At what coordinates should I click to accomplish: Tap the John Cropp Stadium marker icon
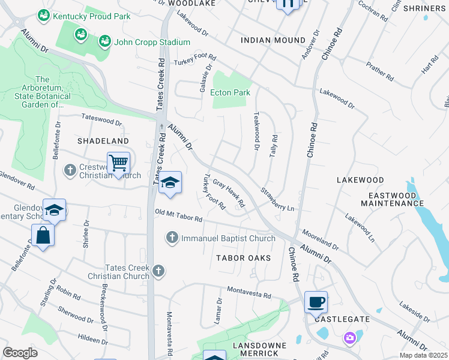(105, 41)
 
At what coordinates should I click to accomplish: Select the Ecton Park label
(230, 92)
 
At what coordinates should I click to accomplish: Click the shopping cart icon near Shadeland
(119, 163)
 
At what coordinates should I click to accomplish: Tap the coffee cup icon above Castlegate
(316, 302)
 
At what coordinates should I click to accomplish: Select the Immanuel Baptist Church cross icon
(172, 238)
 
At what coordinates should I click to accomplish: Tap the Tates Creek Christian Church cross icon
(158, 271)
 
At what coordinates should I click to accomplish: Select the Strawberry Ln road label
(277, 199)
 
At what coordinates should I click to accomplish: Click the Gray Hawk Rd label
(229, 194)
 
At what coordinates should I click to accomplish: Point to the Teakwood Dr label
(256, 130)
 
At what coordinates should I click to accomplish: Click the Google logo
(20, 353)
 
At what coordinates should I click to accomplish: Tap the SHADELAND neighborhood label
(103, 140)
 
